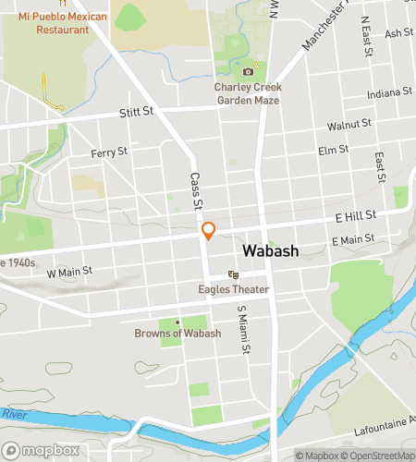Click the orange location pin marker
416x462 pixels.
pos(209,230)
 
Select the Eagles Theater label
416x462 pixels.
pos(234,289)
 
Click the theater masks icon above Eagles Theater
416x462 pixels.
pos(234,275)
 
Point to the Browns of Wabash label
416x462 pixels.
pos(177,333)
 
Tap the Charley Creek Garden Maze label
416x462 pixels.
pos(248,93)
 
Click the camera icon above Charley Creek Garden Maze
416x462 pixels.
pos(248,72)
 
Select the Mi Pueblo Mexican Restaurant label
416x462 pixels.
pos(63,23)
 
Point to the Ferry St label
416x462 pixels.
pos(109,151)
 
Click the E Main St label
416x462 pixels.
pos(353,239)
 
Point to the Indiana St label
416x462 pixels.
pos(389,92)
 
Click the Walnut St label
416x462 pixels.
pos(349,123)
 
